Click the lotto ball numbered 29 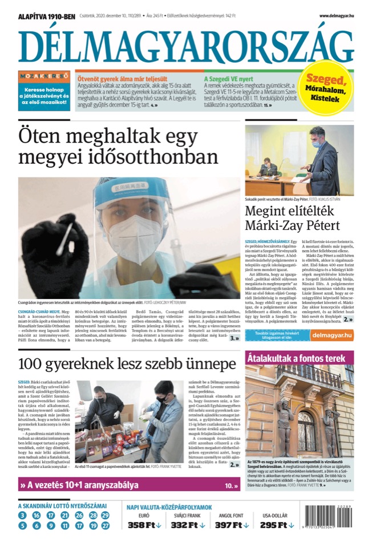tap(105, 515)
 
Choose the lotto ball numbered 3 tap(22, 515)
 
